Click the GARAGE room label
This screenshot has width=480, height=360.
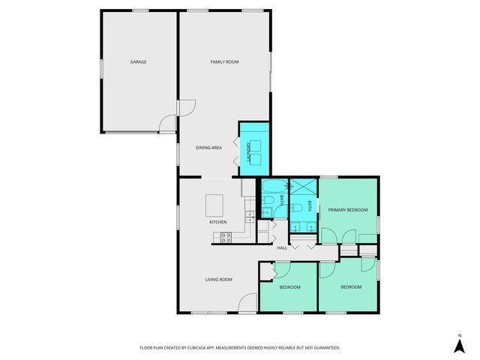pyautogui.click(x=137, y=61)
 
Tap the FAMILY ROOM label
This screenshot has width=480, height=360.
pyautogui.click(x=224, y=61)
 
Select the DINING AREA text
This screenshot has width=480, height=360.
pyautogui.click(x=208, y=148)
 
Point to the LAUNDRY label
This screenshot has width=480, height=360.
pyautogui.click(x=245, y=153)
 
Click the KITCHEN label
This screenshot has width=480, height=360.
pyautogui.click(x=218, y=223)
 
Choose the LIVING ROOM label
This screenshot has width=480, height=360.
pyautogui.click(x=219, y=280)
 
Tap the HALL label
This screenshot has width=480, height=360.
pyautogui.click(x=282, y=247)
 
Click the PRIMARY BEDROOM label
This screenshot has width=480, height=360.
pyautogui.click(x=348, y=210)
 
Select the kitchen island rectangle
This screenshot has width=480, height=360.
pyautogui.click(x=215, y=204)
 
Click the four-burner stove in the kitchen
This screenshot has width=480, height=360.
pyautogui.click(x=225, y=238)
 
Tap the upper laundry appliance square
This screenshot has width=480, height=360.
pyautogui.click(x=255, y=144)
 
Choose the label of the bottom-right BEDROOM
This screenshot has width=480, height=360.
pyautogui.click(x=351, y=287)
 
